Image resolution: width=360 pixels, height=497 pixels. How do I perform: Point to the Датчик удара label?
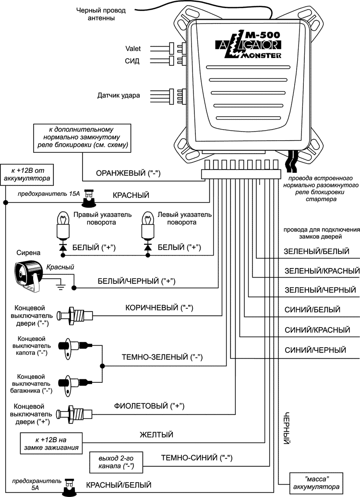(x=119, y=96)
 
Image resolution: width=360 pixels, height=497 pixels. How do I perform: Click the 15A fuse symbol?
(x=88, y=196)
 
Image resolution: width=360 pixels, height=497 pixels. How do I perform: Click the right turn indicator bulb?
(x=61, y=226)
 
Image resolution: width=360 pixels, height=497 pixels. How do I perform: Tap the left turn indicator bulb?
(x=146, y=226)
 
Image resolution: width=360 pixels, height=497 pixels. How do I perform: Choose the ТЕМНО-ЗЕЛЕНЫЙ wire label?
(x=163, y=357)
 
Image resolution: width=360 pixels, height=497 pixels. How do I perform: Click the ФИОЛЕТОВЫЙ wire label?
(x=150, y=406)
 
